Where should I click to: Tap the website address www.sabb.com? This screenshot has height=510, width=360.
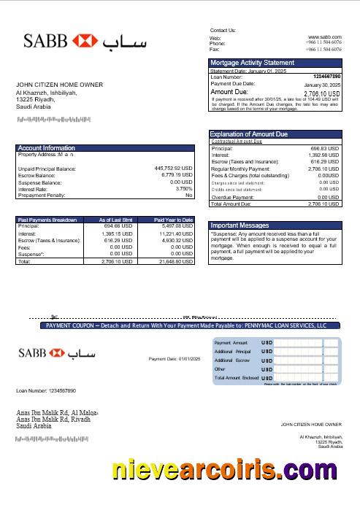[325, 36]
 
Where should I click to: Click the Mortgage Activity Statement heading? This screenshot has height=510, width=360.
[253, 63]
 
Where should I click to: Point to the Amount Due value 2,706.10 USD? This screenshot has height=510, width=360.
[322, 93]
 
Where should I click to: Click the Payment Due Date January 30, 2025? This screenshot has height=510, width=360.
[322, 85]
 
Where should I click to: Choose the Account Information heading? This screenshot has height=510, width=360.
[46, 148]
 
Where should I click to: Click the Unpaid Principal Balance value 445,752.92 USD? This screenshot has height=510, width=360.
[173, 169]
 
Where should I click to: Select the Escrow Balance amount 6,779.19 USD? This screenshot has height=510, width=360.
[175, 175]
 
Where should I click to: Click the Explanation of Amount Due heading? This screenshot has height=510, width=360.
[249, 134]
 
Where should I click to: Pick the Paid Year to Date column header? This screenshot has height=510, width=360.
[173, 219]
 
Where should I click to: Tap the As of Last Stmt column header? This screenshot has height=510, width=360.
[115, 219]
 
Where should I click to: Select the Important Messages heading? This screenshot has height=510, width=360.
[240, 225]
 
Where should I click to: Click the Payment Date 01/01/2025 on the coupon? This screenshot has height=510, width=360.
[174, 359]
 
